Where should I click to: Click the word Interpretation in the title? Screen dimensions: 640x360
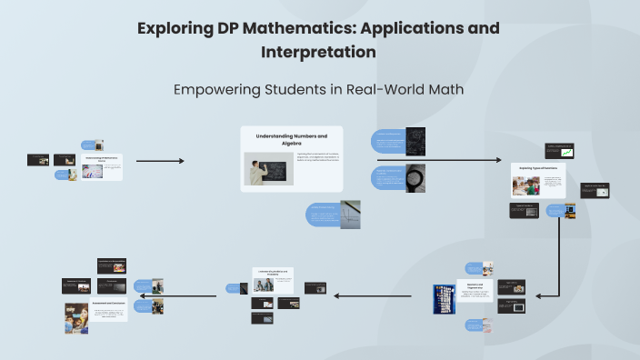[x=318, y=52]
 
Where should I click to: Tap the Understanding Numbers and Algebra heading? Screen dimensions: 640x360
[x=291, y=139]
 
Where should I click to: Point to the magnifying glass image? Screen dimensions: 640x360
[x=415, y=177]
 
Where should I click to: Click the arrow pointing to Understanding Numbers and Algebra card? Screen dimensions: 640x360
[x=160, y=161]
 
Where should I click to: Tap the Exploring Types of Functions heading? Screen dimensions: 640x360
[x=536, y=168]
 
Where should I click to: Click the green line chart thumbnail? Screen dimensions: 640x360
[x=559, y=151]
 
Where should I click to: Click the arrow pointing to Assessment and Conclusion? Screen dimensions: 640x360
[x=191, y=292]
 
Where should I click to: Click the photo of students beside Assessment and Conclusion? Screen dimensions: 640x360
[x=75, y=318]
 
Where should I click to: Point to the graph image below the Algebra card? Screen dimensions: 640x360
[x=350, y=215]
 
